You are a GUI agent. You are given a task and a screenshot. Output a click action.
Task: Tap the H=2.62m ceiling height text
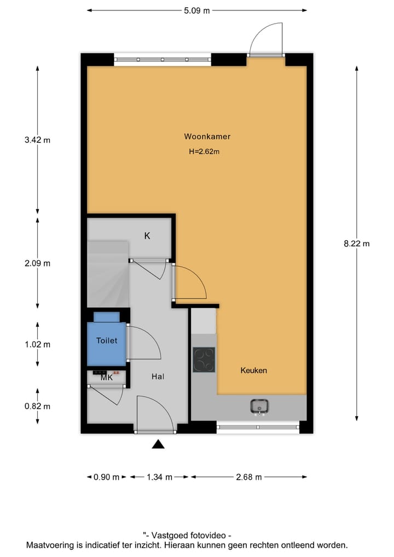204,152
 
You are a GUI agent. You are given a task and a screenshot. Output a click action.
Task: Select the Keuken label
254,371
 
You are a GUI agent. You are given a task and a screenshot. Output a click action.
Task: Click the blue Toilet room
107,341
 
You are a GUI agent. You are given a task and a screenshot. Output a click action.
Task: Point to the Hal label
158,377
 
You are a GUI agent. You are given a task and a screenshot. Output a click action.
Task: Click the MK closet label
107,377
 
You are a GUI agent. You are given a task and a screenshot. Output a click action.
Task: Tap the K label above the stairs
147,236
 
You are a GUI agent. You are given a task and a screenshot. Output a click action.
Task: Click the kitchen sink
259,406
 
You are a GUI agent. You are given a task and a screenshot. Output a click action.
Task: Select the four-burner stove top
204,360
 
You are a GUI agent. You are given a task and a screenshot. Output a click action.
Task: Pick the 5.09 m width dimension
197,10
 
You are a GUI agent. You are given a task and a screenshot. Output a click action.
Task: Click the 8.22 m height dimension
357,244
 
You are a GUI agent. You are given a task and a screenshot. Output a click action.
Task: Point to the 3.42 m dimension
37,140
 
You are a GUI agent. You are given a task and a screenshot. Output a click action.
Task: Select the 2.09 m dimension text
37,263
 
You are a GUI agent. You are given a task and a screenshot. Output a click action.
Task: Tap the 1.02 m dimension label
37,344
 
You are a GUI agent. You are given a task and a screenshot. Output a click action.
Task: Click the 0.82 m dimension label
37,406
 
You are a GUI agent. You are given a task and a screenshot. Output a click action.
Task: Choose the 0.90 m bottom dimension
106,477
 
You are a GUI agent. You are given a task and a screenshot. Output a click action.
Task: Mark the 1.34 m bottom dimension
159,477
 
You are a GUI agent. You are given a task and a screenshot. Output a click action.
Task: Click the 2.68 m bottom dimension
248,477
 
